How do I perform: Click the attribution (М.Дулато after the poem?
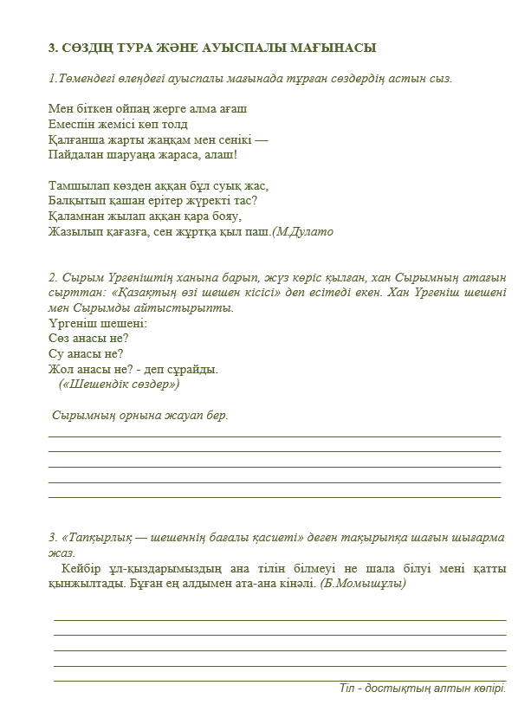302,232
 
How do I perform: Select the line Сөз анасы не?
89,338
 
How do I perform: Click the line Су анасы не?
86,353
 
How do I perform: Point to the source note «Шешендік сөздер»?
119,385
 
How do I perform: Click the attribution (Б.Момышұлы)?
364,584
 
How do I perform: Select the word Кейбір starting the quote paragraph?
83,568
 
